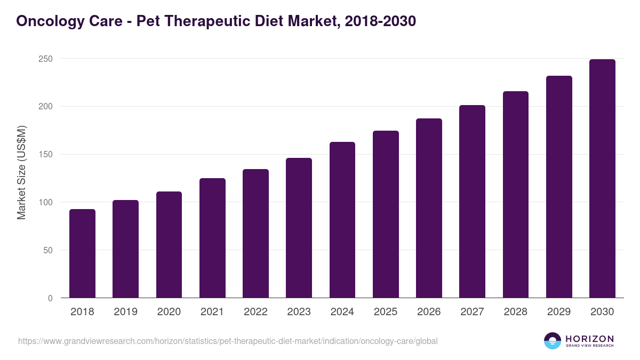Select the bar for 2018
click(x=82, y=253)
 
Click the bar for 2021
click(x=212, y=238)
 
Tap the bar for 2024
click(x=342, y=220)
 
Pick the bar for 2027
click(x=472, y=202)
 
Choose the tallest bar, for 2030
click(x=602, y=179)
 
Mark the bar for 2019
click(x=125, y=249)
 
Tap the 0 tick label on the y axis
click(x=50, y=299)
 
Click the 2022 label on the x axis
click(x=255, y=312)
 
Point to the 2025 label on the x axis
click(x=386, y=312)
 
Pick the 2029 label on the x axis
click(x=559, y=312)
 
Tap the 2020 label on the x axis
click(x=169, y=312)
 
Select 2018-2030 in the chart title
click(x=380, y=21)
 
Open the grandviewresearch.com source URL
click(x=228, y=341)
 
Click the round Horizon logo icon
click(x=553, y=341)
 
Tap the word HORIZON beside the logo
click(x=589, y=339)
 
